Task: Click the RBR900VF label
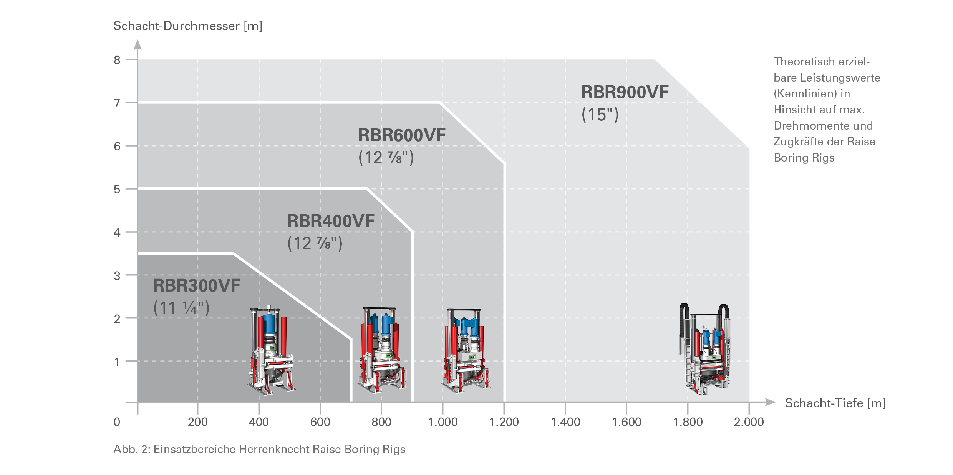(x=625, y=92)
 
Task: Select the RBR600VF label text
(x=401, y=135)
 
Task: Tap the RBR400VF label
(x=330, y=221)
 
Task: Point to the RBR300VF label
(x=196, y=286)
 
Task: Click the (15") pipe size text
(x=600, y=115)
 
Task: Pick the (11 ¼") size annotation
(x=181, y=308)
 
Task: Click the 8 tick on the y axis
(x=117, y=60)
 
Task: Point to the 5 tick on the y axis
(x=117, y=189)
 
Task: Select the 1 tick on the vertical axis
(x=117, y=362)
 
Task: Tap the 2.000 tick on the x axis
(x=749, y=422)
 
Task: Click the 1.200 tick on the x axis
(x=504, y=422)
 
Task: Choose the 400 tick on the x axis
(x=259, y=422)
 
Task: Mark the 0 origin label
(x=117, y=422)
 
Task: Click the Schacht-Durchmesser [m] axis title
(x=188, y=26)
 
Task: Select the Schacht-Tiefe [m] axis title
(x=835, y=403)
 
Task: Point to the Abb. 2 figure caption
(x=259, y=449)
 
